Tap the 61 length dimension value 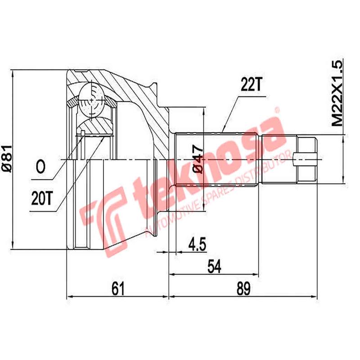point(117,288)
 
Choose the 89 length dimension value point(243,288)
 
